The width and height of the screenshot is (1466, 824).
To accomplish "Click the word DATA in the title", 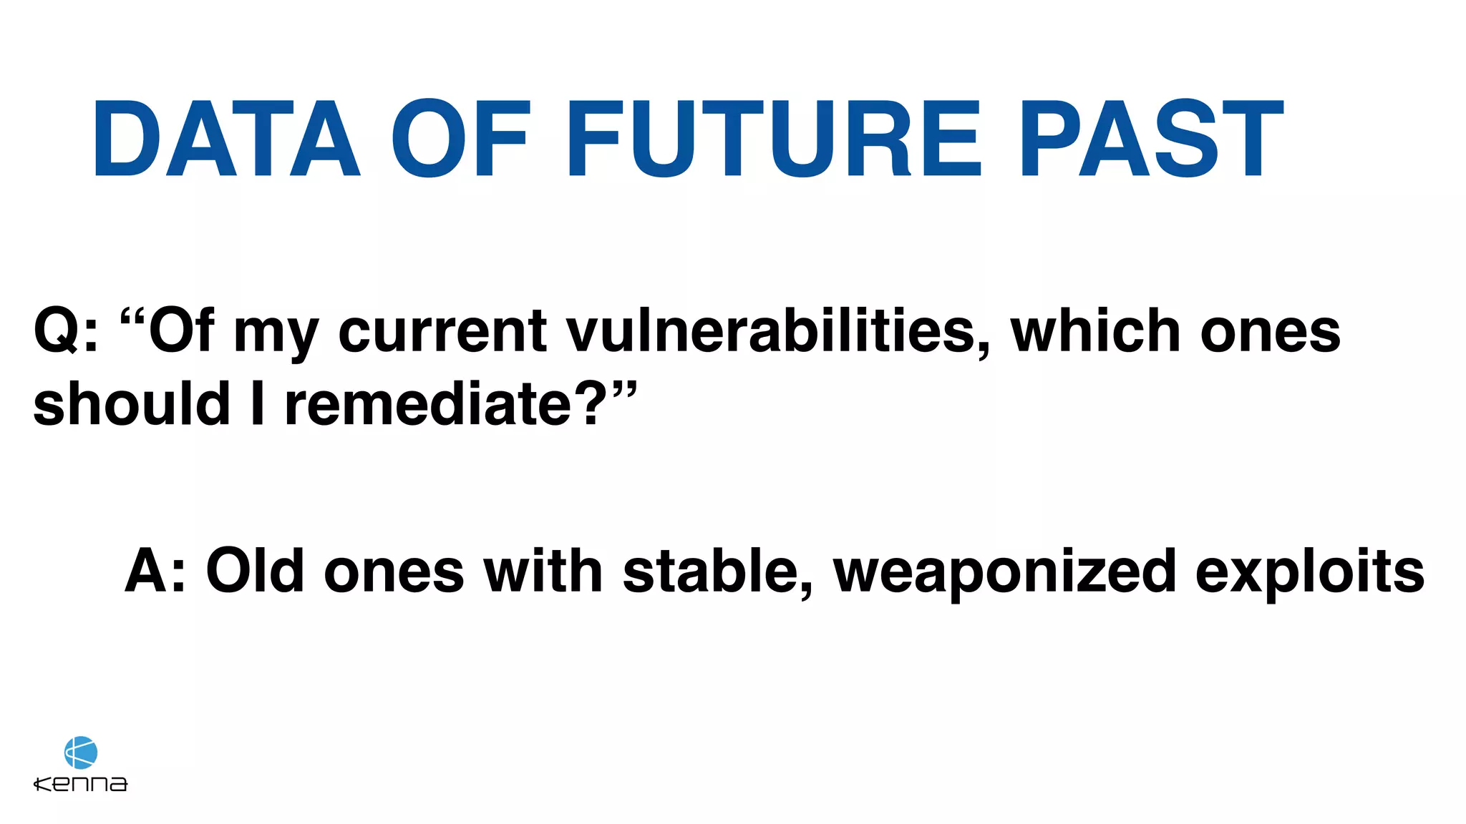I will click(x=226, y=139).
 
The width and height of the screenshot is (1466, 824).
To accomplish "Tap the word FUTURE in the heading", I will click(x=773, y=139).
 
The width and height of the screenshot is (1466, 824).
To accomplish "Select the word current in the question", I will click(x=442, y=333).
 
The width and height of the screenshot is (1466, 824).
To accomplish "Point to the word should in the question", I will click(x=132, y=404).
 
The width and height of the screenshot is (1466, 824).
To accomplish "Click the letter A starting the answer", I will click(x=147, y=571).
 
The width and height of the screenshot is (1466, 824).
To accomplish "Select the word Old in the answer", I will click(x=255, y=571).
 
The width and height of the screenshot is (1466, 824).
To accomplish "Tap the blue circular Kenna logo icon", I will click(x=81, y=752).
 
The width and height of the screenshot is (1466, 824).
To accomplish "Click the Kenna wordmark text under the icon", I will click(x=81, y=784).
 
